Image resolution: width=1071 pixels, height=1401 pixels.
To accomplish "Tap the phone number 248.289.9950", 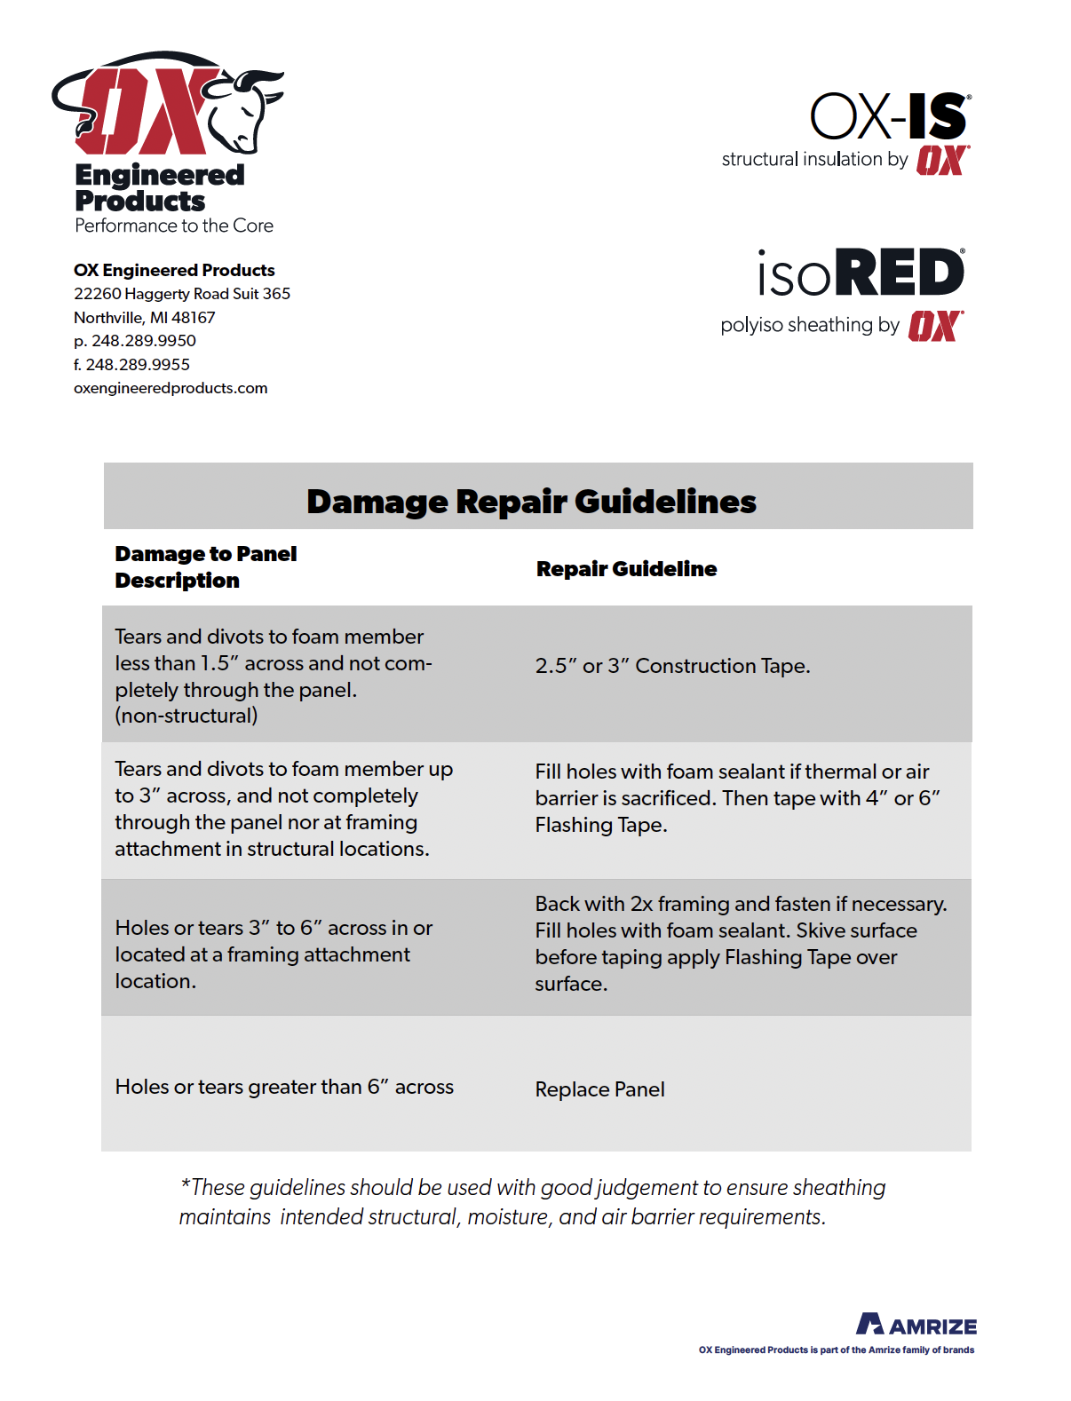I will point(144,341).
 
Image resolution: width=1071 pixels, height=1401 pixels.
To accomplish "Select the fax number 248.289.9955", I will point(138,365).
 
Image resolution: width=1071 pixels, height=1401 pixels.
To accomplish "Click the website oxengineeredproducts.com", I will point(171,389).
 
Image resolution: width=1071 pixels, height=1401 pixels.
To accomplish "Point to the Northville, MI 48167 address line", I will point(144,318).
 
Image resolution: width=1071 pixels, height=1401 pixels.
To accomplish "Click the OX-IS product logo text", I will point(888,117).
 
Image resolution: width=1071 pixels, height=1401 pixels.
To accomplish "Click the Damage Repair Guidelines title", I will point(531,502).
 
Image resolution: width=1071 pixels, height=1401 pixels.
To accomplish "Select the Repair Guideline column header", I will point(626,569).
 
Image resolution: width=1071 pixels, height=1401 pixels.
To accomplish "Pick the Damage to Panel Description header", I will point(205,567).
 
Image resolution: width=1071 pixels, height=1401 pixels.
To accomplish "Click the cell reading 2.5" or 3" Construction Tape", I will point(672,666).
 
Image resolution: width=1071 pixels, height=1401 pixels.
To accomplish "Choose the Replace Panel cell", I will point(599,1089).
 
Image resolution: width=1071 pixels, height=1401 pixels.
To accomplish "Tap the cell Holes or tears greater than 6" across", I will point(284,1087).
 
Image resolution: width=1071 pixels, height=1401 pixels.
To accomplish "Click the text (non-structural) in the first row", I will point(186,716).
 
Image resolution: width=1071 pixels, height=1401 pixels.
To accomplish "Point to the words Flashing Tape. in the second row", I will point(600,826).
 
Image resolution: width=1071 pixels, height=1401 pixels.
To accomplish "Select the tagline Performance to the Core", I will point(174,226).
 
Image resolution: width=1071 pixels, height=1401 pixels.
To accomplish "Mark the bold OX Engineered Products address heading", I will point(174,271).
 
